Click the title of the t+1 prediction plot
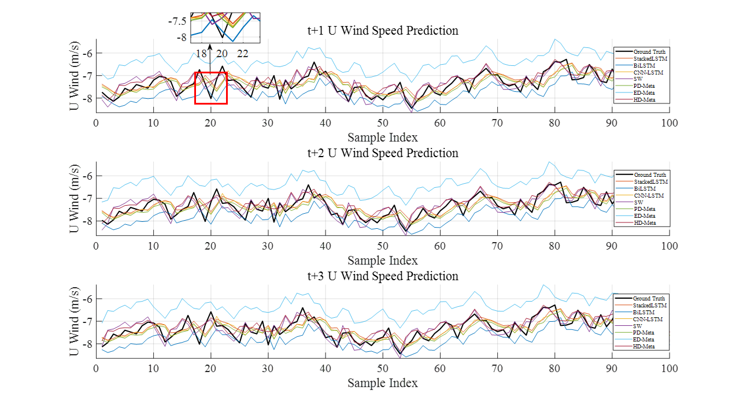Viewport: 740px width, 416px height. [383, 31]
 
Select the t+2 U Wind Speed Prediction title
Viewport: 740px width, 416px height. [383, 153]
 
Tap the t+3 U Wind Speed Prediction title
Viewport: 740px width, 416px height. [383, 276]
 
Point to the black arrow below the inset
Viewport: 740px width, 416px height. [210, 49]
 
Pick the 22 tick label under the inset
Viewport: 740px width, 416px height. [243, 54]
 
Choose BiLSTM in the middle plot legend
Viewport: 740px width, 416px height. [645, 189]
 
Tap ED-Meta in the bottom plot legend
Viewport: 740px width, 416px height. [645, 340]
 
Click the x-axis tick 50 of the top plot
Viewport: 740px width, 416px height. [383, 123]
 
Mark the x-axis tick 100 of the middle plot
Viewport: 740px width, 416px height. [669, 246]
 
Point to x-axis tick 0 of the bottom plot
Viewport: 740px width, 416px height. [96, 369]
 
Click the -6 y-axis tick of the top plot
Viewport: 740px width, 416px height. [86, 53]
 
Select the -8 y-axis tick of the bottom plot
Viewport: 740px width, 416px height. [86, 344]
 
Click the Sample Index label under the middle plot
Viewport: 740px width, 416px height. [383, 261]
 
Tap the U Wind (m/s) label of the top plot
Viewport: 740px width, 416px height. [75, 76]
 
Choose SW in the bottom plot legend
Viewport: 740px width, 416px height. [637, 326]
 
